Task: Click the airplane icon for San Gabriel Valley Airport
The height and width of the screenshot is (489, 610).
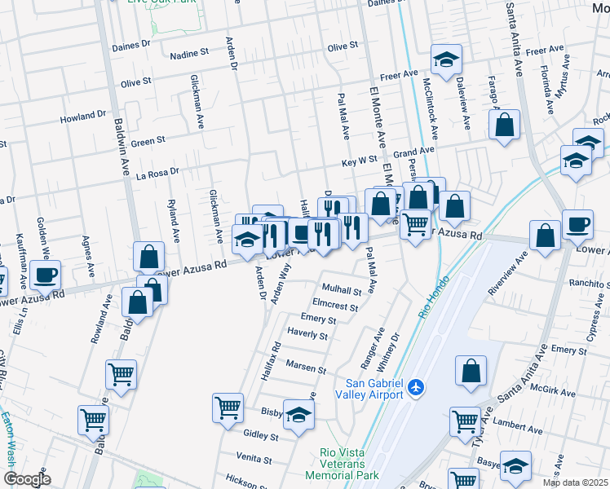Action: coord(417,385)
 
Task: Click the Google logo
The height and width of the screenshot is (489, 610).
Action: coord(28,479)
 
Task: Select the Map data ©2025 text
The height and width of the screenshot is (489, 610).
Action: coord(575,482)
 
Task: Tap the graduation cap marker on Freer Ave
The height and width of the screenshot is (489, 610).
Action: coord(446,59)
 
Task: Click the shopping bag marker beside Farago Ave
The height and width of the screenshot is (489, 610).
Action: coord(505,126)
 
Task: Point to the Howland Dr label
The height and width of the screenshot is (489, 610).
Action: coord(83,117)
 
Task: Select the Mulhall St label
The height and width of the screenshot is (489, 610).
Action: coord(341,290)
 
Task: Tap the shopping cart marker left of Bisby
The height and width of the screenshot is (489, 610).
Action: coord(228,407)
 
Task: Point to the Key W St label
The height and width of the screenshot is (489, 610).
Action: coord(359,163)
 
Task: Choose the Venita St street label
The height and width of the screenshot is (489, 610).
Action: coord(253,457)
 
